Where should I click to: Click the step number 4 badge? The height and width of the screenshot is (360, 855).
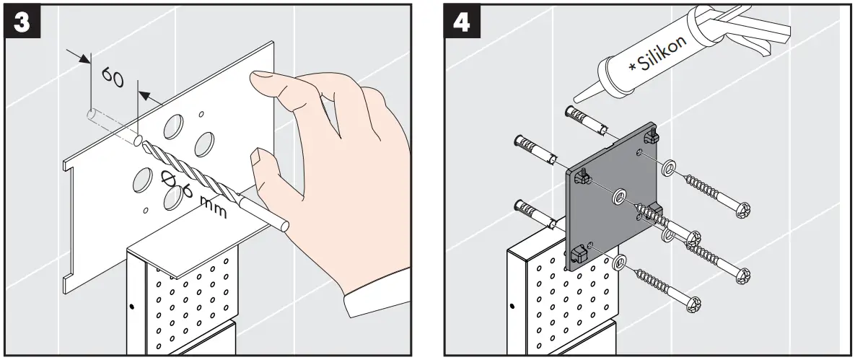460,22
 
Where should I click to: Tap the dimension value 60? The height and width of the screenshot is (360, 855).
113,76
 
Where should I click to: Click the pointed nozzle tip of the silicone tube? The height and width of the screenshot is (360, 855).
576,97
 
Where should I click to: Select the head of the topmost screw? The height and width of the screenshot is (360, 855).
743,210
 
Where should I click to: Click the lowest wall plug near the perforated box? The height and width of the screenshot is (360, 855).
535,212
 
